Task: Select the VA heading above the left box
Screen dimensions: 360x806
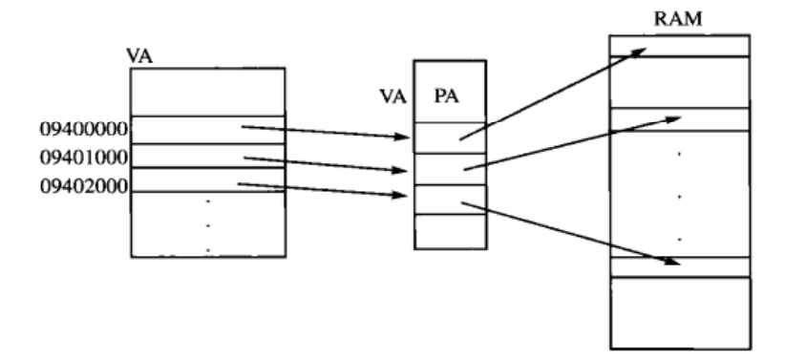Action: coord(140,56)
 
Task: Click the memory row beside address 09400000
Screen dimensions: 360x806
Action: coord(207,129)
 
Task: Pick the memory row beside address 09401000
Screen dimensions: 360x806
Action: coord(207,156)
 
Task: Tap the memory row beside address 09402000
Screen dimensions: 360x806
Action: coord(207,180)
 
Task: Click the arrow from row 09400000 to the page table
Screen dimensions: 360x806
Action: coord(325,132)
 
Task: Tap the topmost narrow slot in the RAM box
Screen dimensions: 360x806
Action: coord(679,46)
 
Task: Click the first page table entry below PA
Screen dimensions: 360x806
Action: coord(450,138)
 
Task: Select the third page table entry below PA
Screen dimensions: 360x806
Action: coord(450,199)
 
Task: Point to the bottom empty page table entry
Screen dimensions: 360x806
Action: coord(450,231)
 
